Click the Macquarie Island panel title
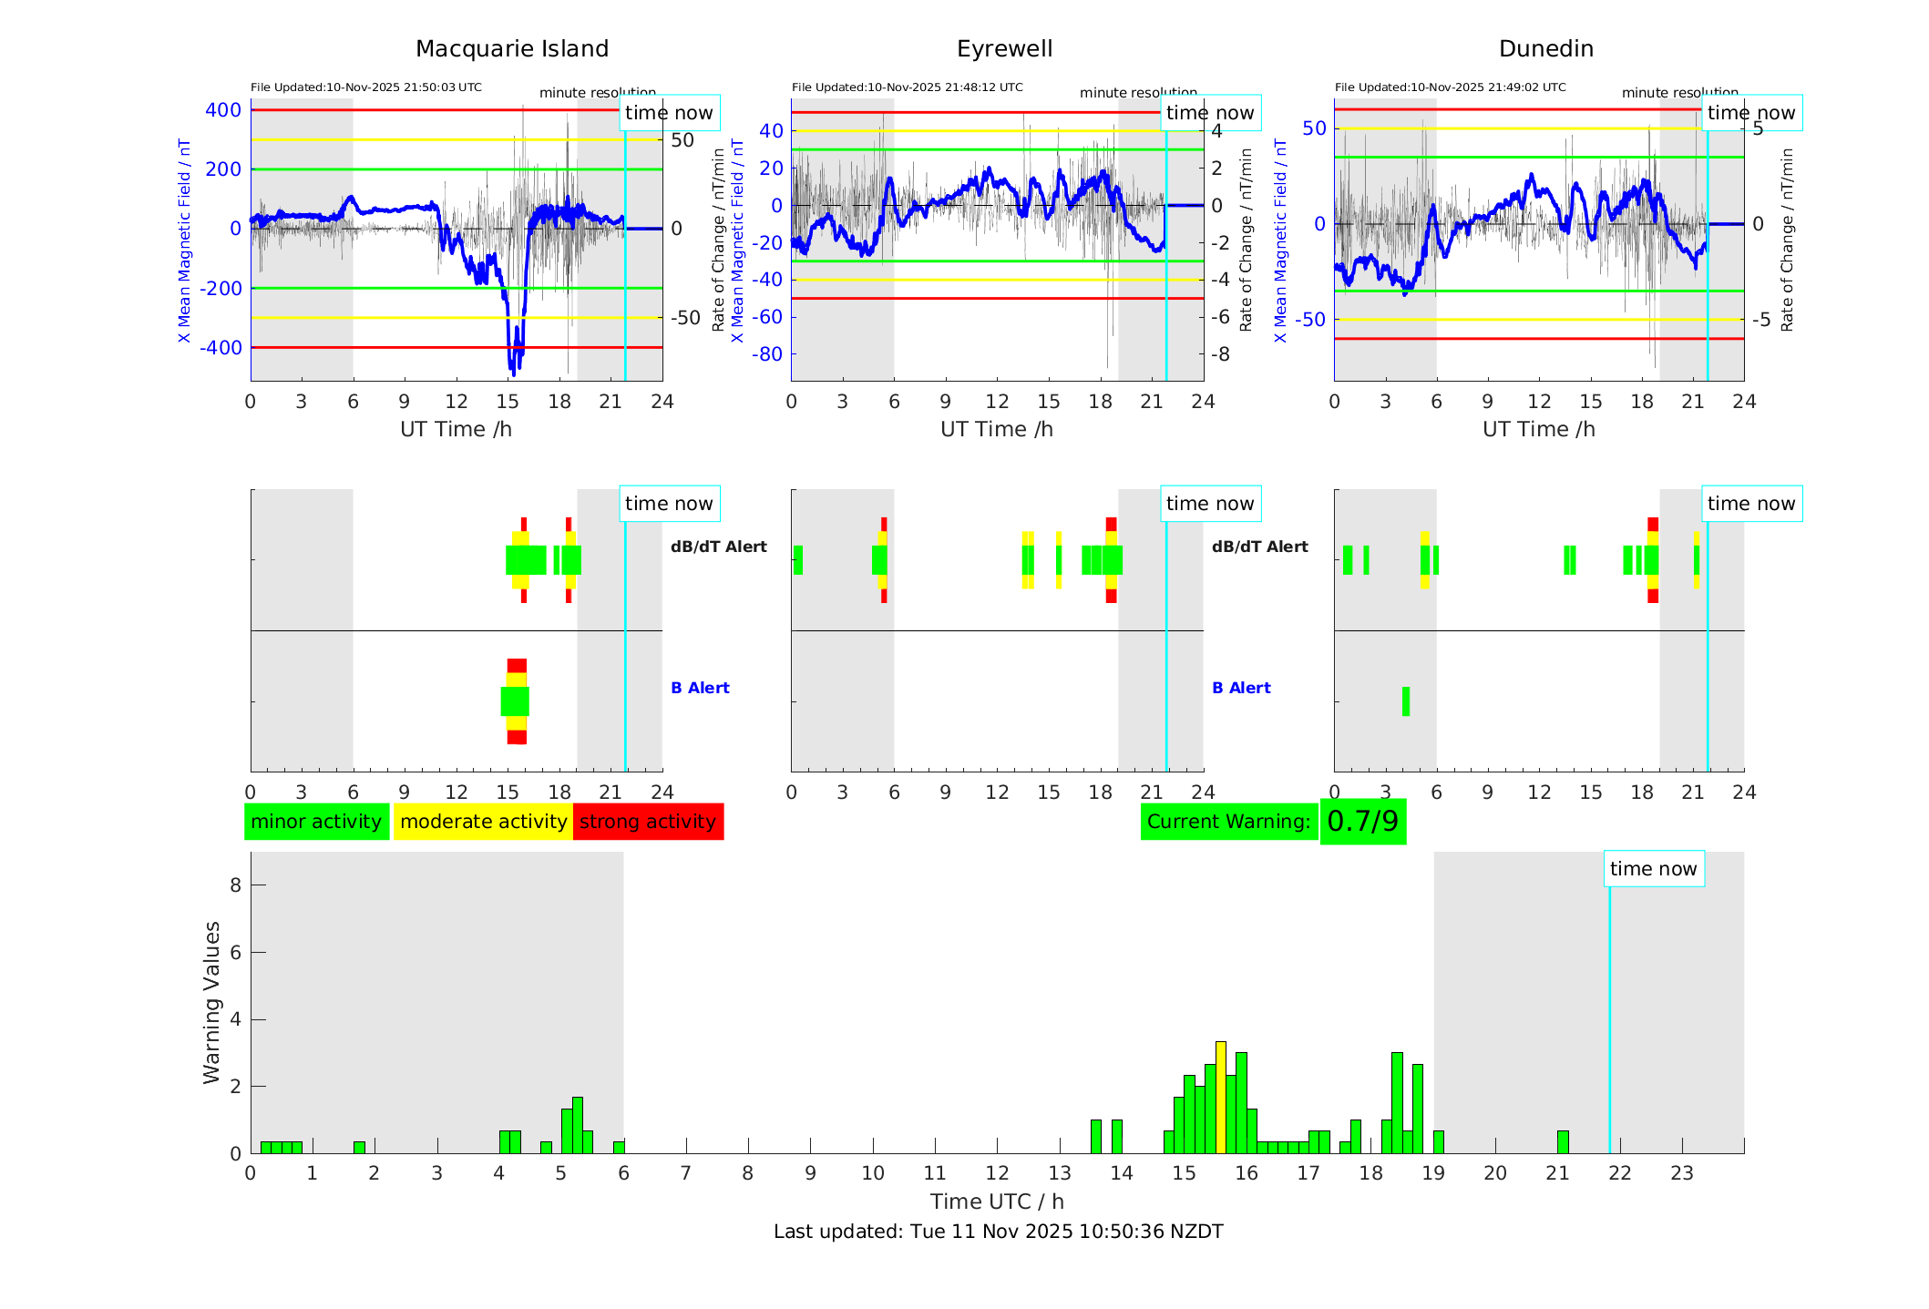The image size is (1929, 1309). (x=511, y=49)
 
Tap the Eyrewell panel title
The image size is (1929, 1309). (x=1004, y=49)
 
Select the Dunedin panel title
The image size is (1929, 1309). (x=1545, y=49)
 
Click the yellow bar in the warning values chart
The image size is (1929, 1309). (x=1221, y=1097)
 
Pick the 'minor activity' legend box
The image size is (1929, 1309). (x=316, y=822)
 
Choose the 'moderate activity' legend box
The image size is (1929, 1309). (x=483, y=822)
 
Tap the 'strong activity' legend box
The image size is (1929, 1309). (x=648, y=822)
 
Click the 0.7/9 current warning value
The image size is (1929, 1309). (x=1362, y=822)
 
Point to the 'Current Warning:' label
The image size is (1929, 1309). (x=1228, y=822)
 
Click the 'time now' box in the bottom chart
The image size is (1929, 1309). (x=1653, y=869)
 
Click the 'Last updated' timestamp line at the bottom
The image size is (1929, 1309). (x=998, y=1232)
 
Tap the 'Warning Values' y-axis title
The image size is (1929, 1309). (x=212, y=1002)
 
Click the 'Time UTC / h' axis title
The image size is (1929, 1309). (x=997, y=1202)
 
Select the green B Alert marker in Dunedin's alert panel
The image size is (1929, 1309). (x=1406, y=701)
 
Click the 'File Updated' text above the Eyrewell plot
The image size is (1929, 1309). (x=907, y=87)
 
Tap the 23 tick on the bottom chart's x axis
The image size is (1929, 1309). (x=1682, y=1173)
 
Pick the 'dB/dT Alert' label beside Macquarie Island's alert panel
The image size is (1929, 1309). (x=718, y=547)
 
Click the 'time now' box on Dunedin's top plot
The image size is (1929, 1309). (x=1750, y=113)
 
